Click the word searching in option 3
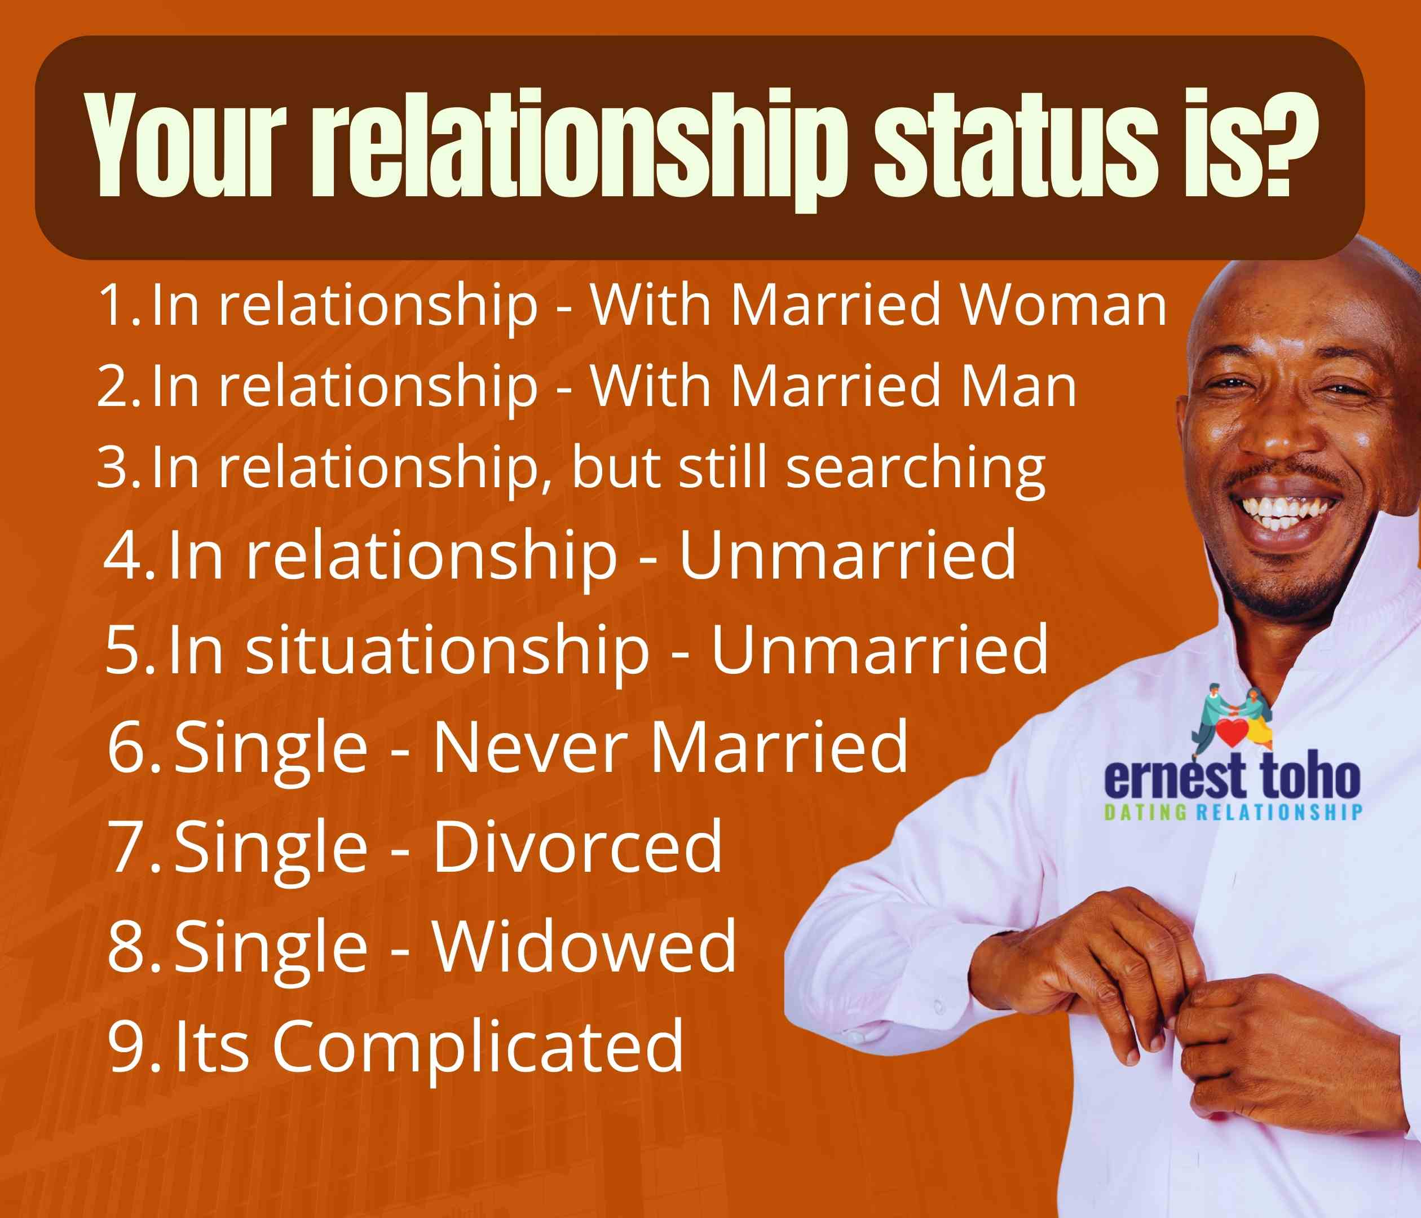916,469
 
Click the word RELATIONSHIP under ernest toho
1279,813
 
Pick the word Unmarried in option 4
847,555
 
